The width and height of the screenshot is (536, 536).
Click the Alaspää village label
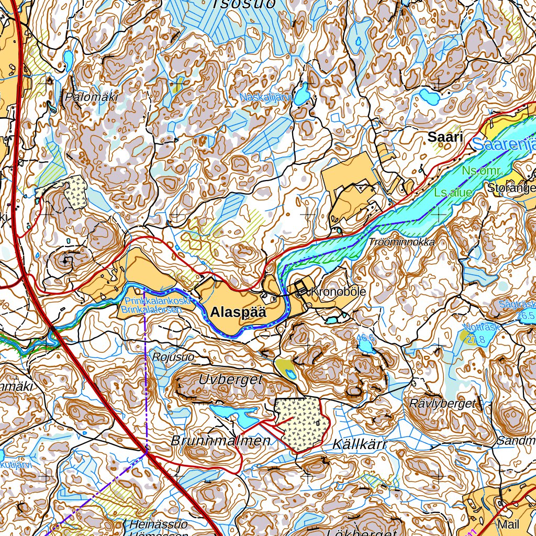pyautogui.click(x=238, y=312)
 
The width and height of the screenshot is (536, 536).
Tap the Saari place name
pyautogui.click(x=445, y=138)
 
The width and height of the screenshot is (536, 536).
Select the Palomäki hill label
pyautogui.click(x=92, y=97)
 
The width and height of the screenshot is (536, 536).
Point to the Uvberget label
pyautogui.click(x=230, y=381)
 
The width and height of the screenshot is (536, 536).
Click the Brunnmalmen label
pyautogui.click(x=220, y=441)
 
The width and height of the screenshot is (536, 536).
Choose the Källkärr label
pyautogui.click(x=360, y=445)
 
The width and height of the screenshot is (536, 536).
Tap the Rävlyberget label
pyautogui.click(x=443, y=404)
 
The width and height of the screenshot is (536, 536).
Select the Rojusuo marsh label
pyautogui.click(x=173, y=357)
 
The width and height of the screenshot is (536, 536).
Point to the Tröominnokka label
pyautogui.click(x=402, y=242)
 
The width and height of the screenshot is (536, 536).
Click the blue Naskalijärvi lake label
pyautogui.click(x=265, y=97)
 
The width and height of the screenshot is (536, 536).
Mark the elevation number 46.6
pyautogui.click(x=366, y=338)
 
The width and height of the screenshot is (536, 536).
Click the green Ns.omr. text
pyautogui.click(x=482, y=171)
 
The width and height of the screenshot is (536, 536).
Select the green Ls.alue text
pyautogui.click(x=453, y=193)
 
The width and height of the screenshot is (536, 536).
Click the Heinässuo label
pyautogui.click(x=158, y=524)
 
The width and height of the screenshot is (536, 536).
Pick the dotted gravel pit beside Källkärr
pyautogui.click(x=301, y=422)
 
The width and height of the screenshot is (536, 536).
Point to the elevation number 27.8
pyautogui.click(x=474, y=340)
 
